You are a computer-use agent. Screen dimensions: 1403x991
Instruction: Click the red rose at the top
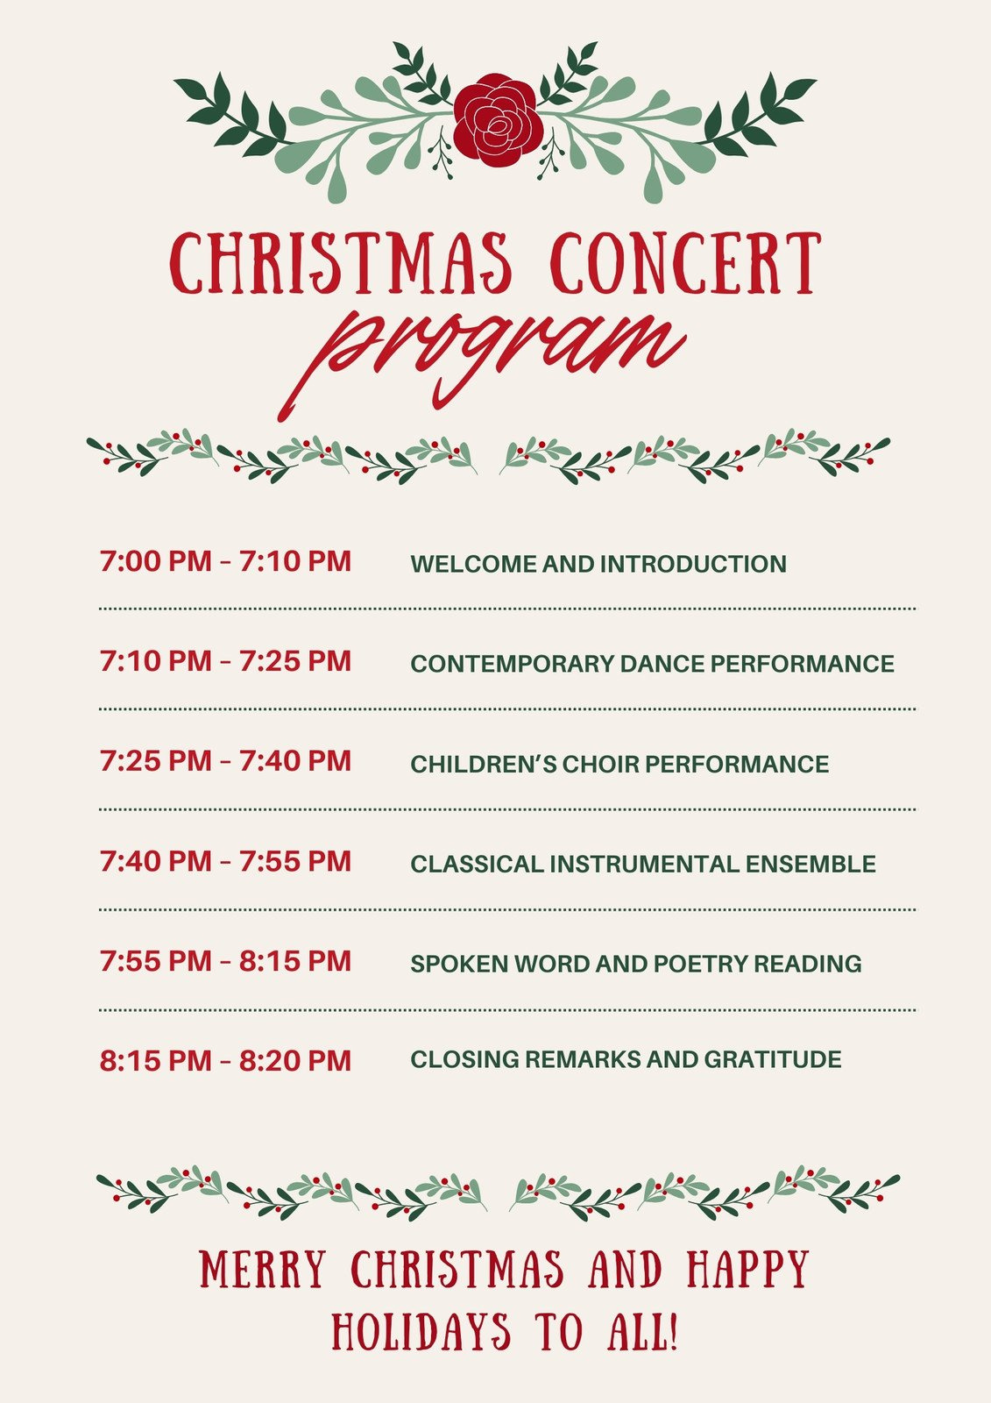tap(497, 120)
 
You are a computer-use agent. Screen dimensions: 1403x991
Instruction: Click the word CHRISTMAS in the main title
tap(341, 262)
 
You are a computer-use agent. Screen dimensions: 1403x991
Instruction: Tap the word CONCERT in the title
tap(685, 262)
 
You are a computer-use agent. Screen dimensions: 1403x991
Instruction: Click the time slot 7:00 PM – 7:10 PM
tap(225, 561)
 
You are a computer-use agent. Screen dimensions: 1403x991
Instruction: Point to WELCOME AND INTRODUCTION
tap(598, 564)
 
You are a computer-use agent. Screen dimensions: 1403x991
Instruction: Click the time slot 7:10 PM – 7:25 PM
tap(225, 661)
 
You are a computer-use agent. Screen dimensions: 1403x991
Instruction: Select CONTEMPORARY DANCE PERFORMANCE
tap(652, 664)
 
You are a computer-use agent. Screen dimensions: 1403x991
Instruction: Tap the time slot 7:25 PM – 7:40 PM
tap(225, 761)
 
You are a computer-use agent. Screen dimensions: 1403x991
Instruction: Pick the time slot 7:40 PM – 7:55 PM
tap(225, 861)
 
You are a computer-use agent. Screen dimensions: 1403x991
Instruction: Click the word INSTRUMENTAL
tap(644, 864)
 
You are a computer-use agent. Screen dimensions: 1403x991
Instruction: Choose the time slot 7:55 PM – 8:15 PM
tap(225, 961)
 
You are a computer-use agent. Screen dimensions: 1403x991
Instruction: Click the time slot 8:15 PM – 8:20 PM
tap(225, 1061)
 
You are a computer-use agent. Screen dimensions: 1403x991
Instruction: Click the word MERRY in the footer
tap(263, 1270)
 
